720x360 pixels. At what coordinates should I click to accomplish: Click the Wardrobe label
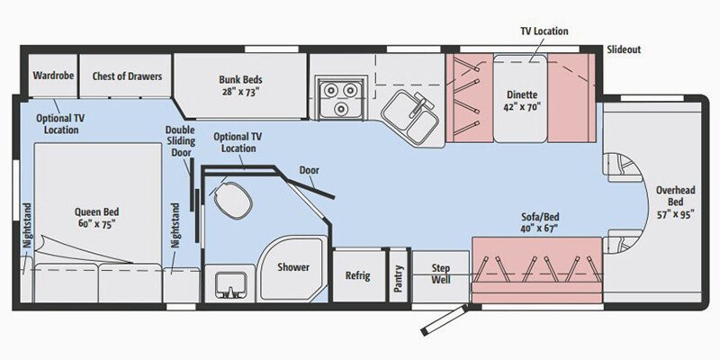(x=53, y=76)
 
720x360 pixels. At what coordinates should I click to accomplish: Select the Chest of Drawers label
(x=127, y=76)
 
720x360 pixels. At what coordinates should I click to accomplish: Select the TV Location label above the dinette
(x=544, y=31)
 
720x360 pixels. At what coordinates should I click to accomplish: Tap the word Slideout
(x=624, y=49)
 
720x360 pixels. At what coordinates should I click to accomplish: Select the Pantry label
(x=399, y=274)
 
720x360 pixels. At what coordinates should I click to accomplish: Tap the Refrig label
(x=357, y=275)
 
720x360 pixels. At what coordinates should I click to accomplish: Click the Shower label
(x=293, y=267)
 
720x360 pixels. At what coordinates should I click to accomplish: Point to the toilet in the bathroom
(x=231, y=199)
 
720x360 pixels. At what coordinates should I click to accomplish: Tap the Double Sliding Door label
(x=180, y=140)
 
